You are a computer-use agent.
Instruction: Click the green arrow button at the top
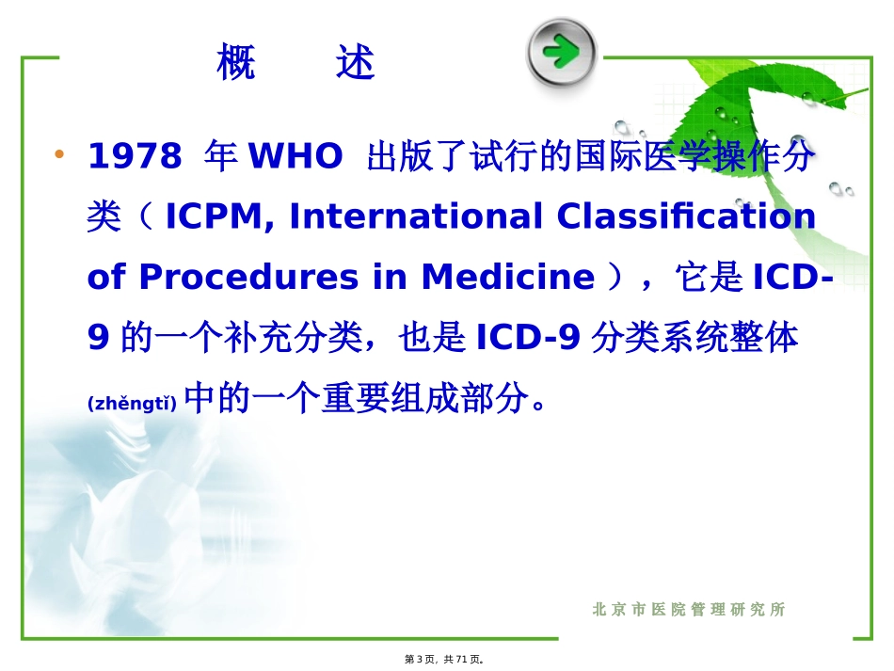tap(561, 51)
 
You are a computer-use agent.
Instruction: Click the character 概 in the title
tap(235, 63)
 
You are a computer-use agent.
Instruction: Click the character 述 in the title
tap(355, 63)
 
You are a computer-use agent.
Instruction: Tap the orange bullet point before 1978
tap(60, 154)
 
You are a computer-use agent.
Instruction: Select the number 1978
tap(134, 157)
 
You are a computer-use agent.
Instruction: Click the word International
tap(416, 217)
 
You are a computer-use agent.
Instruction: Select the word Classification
tap(686, 217)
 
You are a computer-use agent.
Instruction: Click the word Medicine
tap(508, 278)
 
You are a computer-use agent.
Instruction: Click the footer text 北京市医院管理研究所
tap(689, 610)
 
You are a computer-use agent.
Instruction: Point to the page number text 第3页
tap(420, 660)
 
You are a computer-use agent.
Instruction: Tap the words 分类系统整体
tap(694, 338)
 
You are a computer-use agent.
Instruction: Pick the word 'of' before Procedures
tap(105, 278)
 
